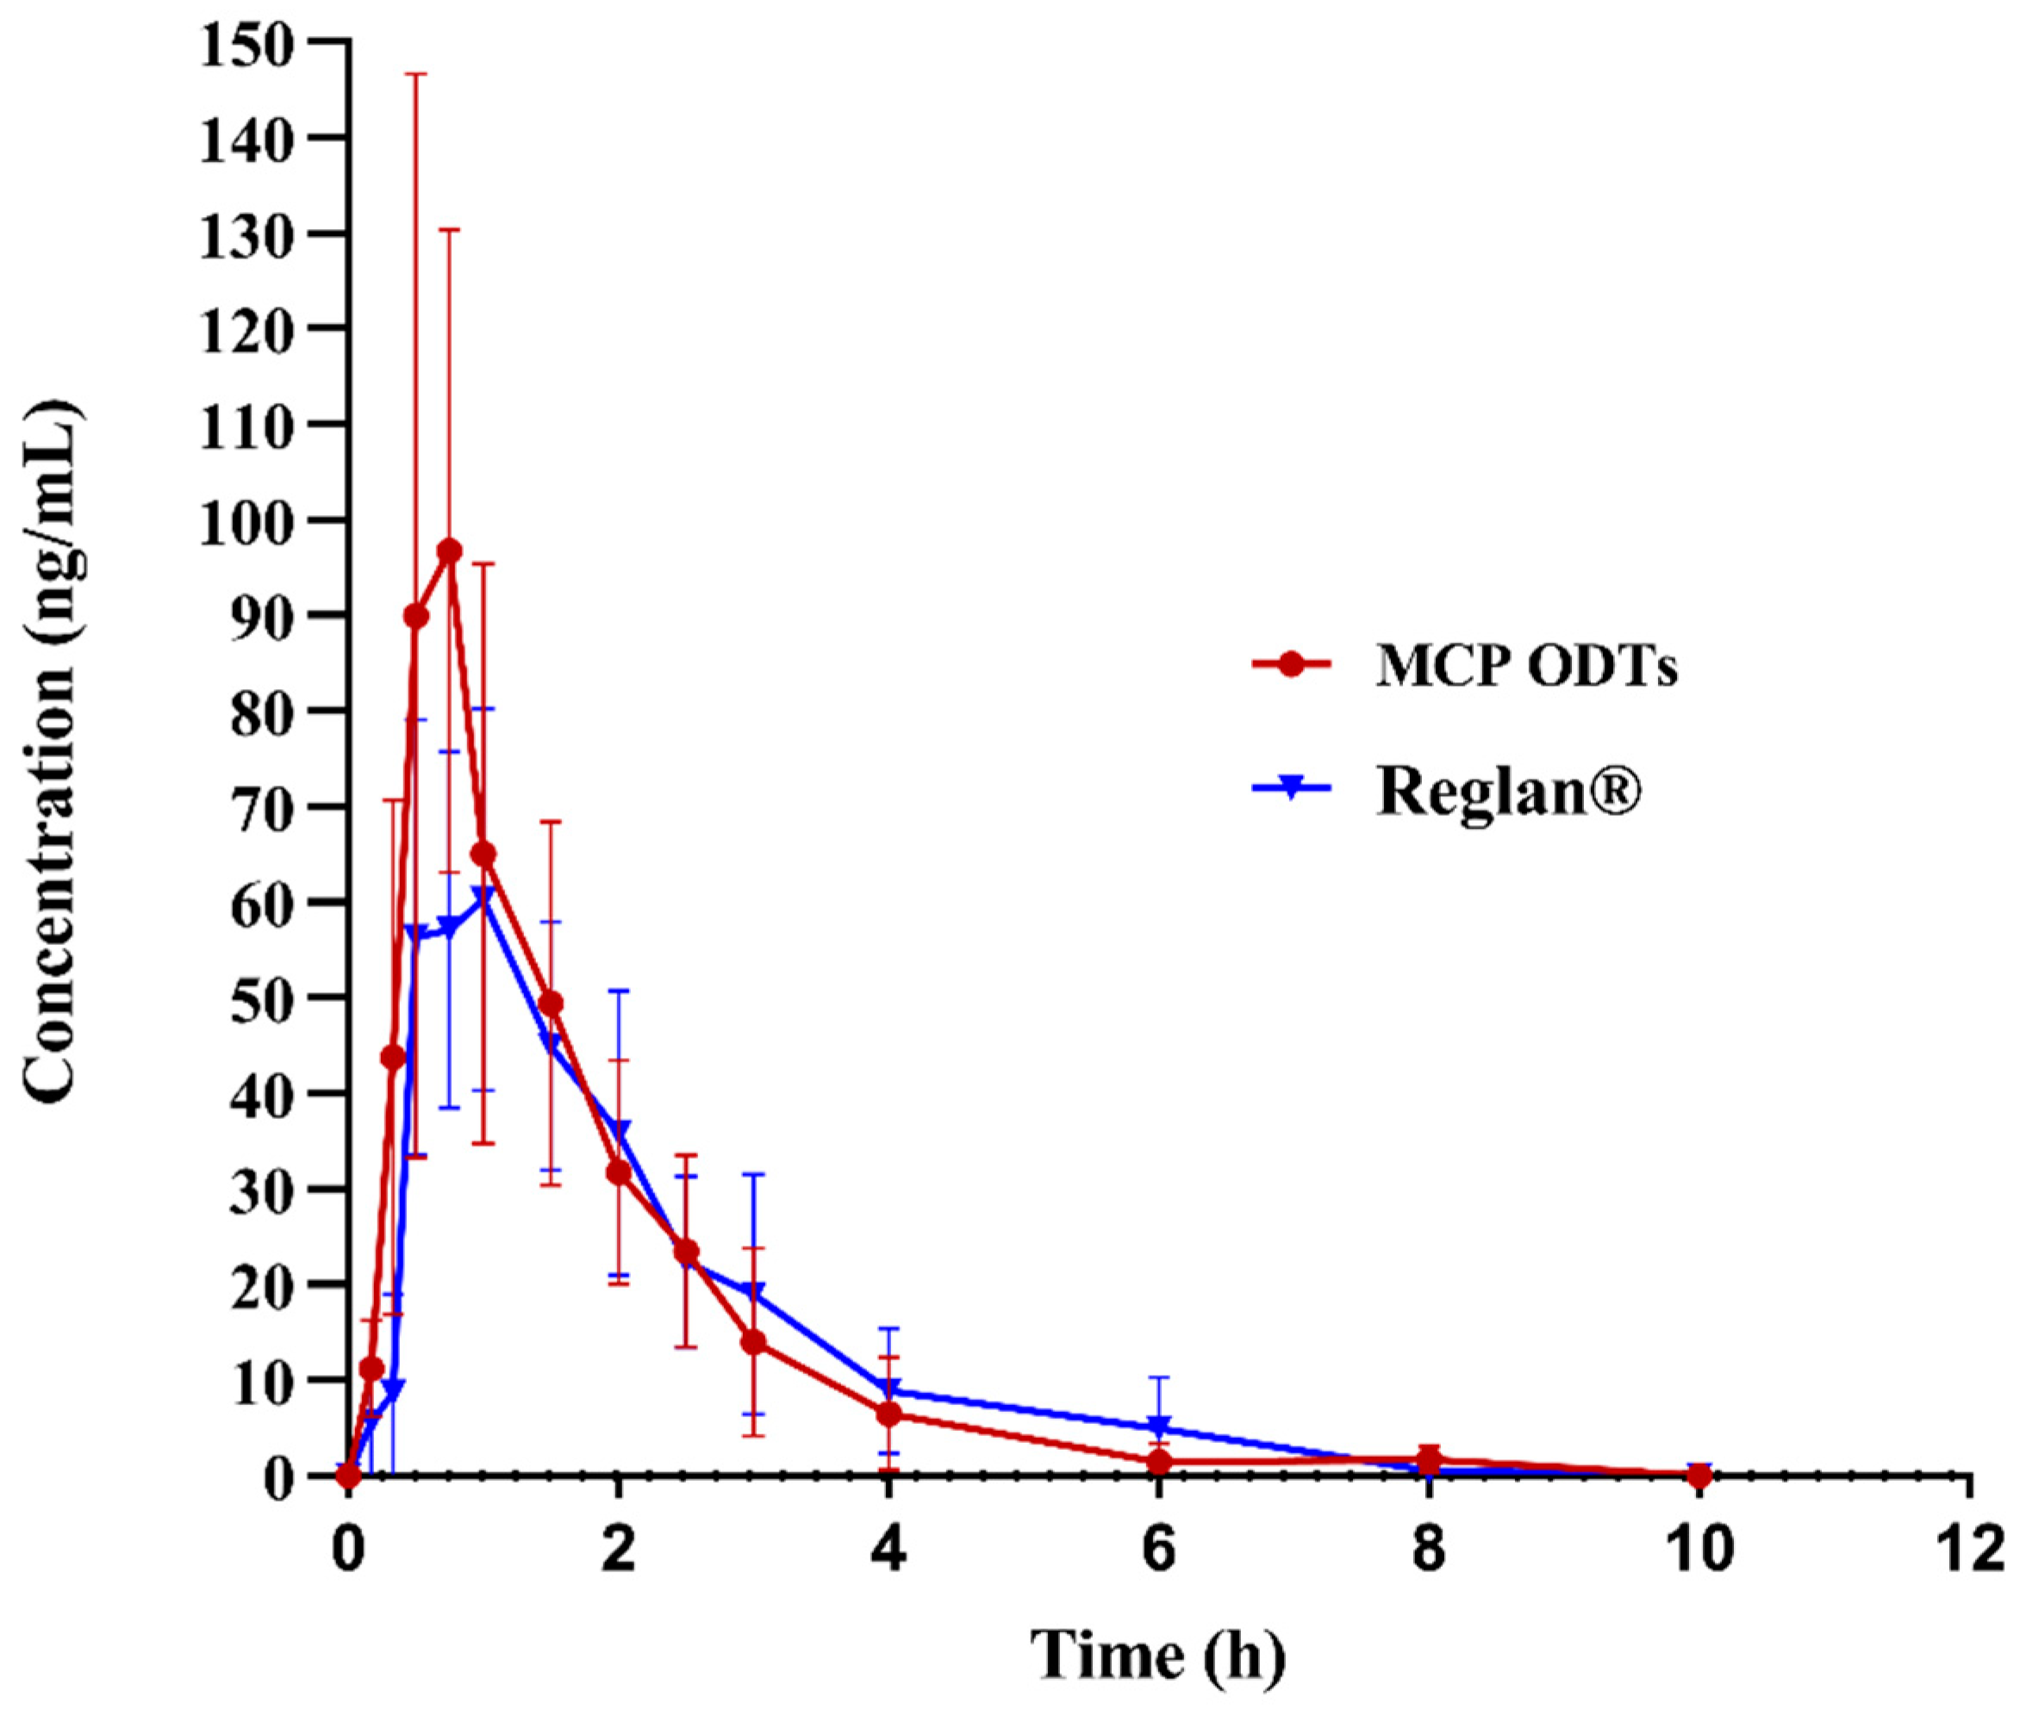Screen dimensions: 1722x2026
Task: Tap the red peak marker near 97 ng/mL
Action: pos(449,551)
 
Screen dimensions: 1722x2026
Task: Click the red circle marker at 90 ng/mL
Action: pos(416,616)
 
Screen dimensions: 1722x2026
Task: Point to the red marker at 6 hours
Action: pos(1159,1463)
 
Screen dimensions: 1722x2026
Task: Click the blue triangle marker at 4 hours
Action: pos(888,1389)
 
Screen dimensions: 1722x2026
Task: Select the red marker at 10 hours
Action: pos(1699,1476)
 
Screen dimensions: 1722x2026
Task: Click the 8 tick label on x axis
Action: pos(1429,1551)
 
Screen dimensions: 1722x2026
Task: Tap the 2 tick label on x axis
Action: pos(618,1551)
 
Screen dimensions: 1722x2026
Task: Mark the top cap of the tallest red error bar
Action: pos(416,74)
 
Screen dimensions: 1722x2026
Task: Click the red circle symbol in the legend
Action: pos(1291,665)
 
